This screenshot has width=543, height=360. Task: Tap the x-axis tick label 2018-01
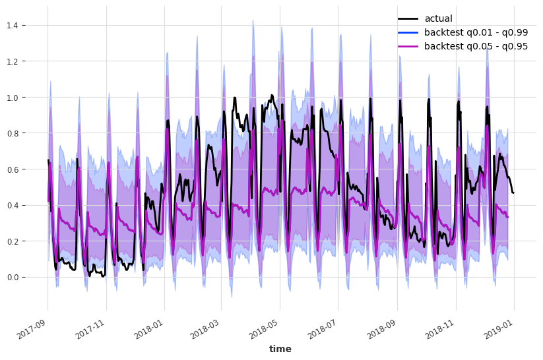pos(149,325)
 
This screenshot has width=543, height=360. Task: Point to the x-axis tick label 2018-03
pos(207,325)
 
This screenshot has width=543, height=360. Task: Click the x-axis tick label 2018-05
pos(265,325)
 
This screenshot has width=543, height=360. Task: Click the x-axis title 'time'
pos(280,349)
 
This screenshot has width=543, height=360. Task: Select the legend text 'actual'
pos(438,18)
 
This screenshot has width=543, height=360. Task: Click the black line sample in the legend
pos(407,18)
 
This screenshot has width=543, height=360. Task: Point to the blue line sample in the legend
pos(407,32)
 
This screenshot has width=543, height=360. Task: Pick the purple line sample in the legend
pos(407,46)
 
